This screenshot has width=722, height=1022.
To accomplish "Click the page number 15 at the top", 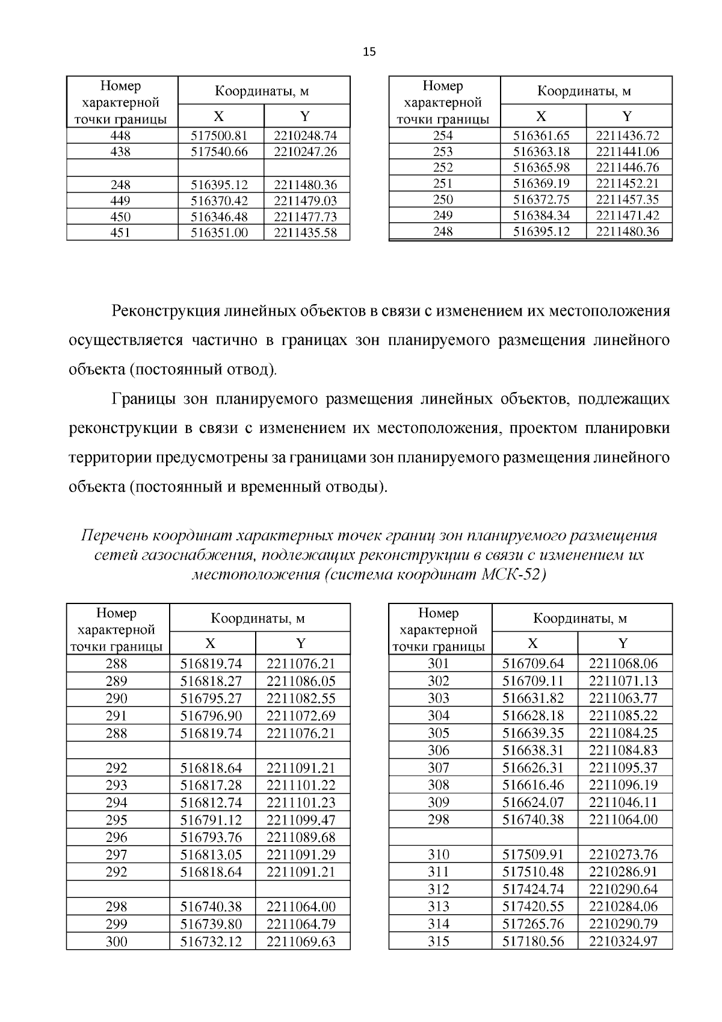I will coord(369,52).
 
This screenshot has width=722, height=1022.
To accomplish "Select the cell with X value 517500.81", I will coord(219,136).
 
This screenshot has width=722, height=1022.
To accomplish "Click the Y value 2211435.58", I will coord(305,232).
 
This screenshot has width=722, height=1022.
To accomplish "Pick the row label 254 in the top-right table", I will coord(443,136).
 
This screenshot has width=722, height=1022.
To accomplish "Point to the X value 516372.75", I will coord(541,200).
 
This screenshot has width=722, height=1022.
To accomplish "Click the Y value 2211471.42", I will coord(628,216).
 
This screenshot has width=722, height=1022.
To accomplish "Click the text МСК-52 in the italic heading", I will coord(513,575).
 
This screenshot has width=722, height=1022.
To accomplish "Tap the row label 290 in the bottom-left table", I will coord(116,699).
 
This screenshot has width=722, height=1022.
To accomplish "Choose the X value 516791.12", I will coord(211,820).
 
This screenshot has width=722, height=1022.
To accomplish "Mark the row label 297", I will coord(116,855).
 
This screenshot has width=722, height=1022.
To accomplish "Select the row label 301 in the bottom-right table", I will coord(439,664).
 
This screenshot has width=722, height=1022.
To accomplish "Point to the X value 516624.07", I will coord(533,803).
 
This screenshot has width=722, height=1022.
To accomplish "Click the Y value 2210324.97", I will coord(623,942).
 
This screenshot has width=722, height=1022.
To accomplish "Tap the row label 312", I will coord(439,890).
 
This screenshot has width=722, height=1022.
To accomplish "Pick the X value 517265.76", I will coord(533,924).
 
